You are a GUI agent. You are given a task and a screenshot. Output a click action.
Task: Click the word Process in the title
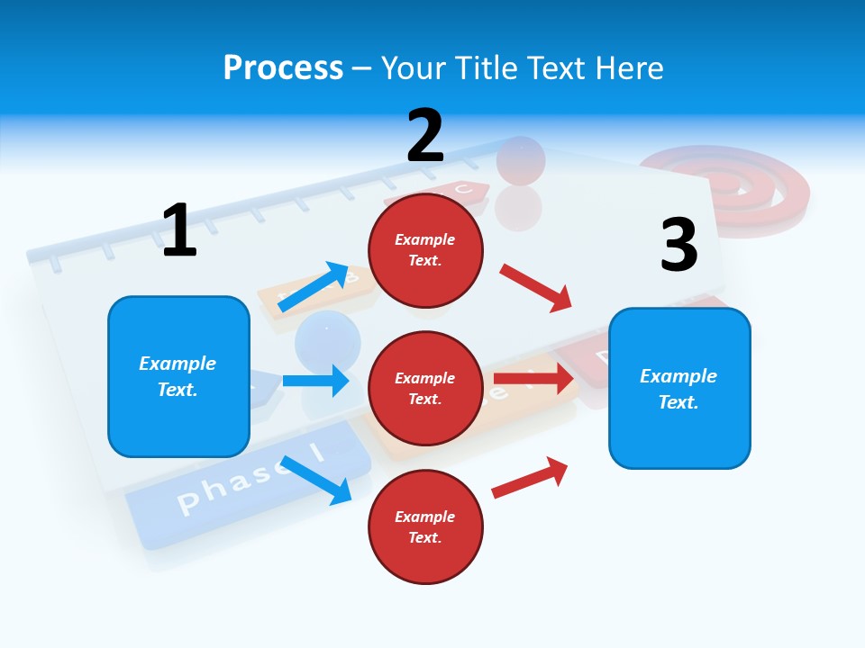[283, 68]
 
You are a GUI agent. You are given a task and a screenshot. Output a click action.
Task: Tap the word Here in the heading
[628, 68]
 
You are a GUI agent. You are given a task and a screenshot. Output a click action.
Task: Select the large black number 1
[179, 230]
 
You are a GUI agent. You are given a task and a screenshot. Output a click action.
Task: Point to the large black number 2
[425, 136]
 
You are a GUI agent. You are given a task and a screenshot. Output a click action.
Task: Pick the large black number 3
[678, 246]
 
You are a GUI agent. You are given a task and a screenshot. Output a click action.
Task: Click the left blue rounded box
[178, 376]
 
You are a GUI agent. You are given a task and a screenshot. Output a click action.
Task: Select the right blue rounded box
[679, 388]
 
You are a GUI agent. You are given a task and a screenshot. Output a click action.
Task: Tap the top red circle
[425, 249]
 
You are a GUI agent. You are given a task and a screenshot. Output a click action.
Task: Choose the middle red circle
[425, 388]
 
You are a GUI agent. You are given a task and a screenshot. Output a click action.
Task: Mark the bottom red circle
[425, 526]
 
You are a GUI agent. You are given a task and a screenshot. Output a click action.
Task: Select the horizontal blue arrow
[315, 381]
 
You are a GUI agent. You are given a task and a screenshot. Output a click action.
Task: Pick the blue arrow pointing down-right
[316, 480]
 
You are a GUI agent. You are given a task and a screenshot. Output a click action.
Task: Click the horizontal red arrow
[533, 379]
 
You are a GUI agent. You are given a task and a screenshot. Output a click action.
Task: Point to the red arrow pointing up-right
[530, 477]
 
